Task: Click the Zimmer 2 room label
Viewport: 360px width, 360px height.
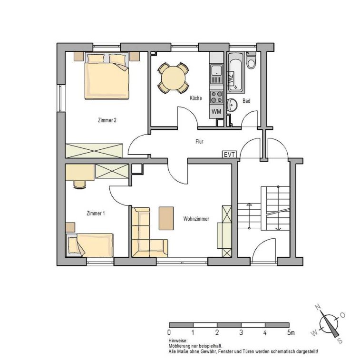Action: point(107,120)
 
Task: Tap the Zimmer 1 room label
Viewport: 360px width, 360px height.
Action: point(96,214)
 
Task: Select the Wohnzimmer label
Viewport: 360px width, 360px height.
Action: point(196,219)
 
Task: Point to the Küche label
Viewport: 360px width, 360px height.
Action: point(196,98)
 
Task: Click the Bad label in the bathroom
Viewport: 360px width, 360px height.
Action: point(246,101)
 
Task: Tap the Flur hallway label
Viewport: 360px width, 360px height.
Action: point(199,142)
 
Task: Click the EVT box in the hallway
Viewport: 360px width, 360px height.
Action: point(229,155)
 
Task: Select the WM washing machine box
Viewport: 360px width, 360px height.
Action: point(216,112)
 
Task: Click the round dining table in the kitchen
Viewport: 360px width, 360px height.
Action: point(173,78)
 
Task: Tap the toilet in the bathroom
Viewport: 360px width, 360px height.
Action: point(251,60)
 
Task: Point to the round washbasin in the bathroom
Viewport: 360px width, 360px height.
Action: point(232,105)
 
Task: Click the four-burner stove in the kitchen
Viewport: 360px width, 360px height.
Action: point(216,97)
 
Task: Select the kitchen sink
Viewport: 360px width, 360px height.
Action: point(216,74)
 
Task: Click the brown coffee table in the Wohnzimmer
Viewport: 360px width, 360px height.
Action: point(166,218)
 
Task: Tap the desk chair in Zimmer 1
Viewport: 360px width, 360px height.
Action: point(80,185)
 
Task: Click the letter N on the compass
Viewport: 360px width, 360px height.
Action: point(318,307)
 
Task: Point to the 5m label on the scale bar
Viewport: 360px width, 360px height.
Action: point(291,332)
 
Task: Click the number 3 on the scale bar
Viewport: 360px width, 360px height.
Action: point(241,332)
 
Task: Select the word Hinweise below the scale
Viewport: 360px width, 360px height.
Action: point(178,341)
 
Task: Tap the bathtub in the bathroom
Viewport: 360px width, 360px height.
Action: point(236,72)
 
